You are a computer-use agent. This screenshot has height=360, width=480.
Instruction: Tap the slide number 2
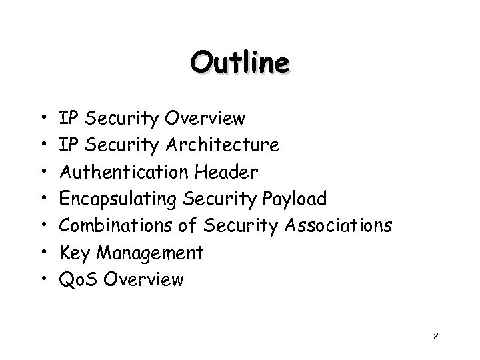435,337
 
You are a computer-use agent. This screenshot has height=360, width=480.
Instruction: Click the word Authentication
125,172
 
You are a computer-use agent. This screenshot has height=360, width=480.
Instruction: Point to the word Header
227,172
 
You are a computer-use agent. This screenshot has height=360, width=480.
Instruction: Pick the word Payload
294,199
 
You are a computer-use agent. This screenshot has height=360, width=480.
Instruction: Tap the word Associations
338,225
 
